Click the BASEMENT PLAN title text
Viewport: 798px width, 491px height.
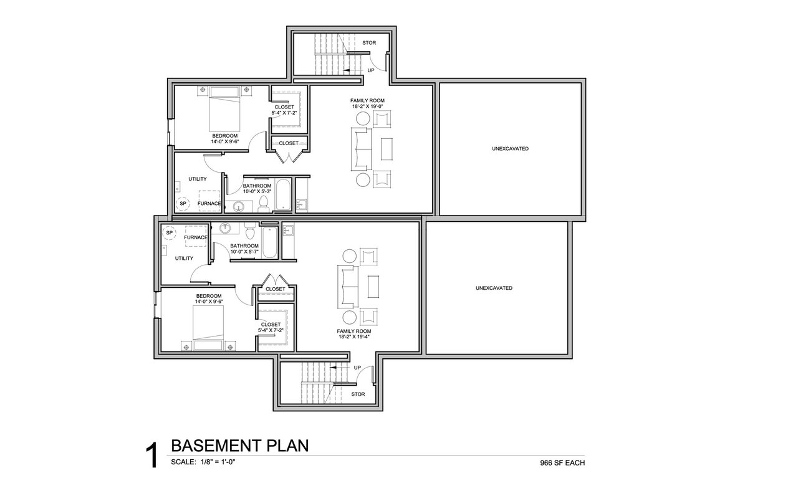[x=240, y=446]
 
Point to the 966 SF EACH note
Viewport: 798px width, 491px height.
[x=562, y=463]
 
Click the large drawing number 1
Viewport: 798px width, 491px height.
[x=151, y=456]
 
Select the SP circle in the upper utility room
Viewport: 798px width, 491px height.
[x=183, y=203]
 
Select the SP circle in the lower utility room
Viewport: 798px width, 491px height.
[x=169, y=233]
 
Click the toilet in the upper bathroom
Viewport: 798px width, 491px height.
[x=264, y=205]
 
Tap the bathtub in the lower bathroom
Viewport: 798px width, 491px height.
[x=270, y=242]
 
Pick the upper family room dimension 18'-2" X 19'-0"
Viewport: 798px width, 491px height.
[x=367, y=106]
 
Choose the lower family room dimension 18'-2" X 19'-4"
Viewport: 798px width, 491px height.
[x=354, y=336]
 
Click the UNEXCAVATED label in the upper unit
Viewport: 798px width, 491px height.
[x=510, y=149]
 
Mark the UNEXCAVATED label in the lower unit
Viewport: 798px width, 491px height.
[x=494, y=288]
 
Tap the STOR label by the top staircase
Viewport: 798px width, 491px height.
[x=369, y=43]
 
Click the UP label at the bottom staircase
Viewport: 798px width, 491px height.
[x=357, y=368]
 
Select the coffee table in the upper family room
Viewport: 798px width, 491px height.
[x=387, y=149]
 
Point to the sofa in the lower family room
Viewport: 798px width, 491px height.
[x=348, y=287]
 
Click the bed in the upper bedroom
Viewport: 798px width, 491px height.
[x=224, y=109]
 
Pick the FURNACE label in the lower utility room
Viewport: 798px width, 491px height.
[x=196, y=237]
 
